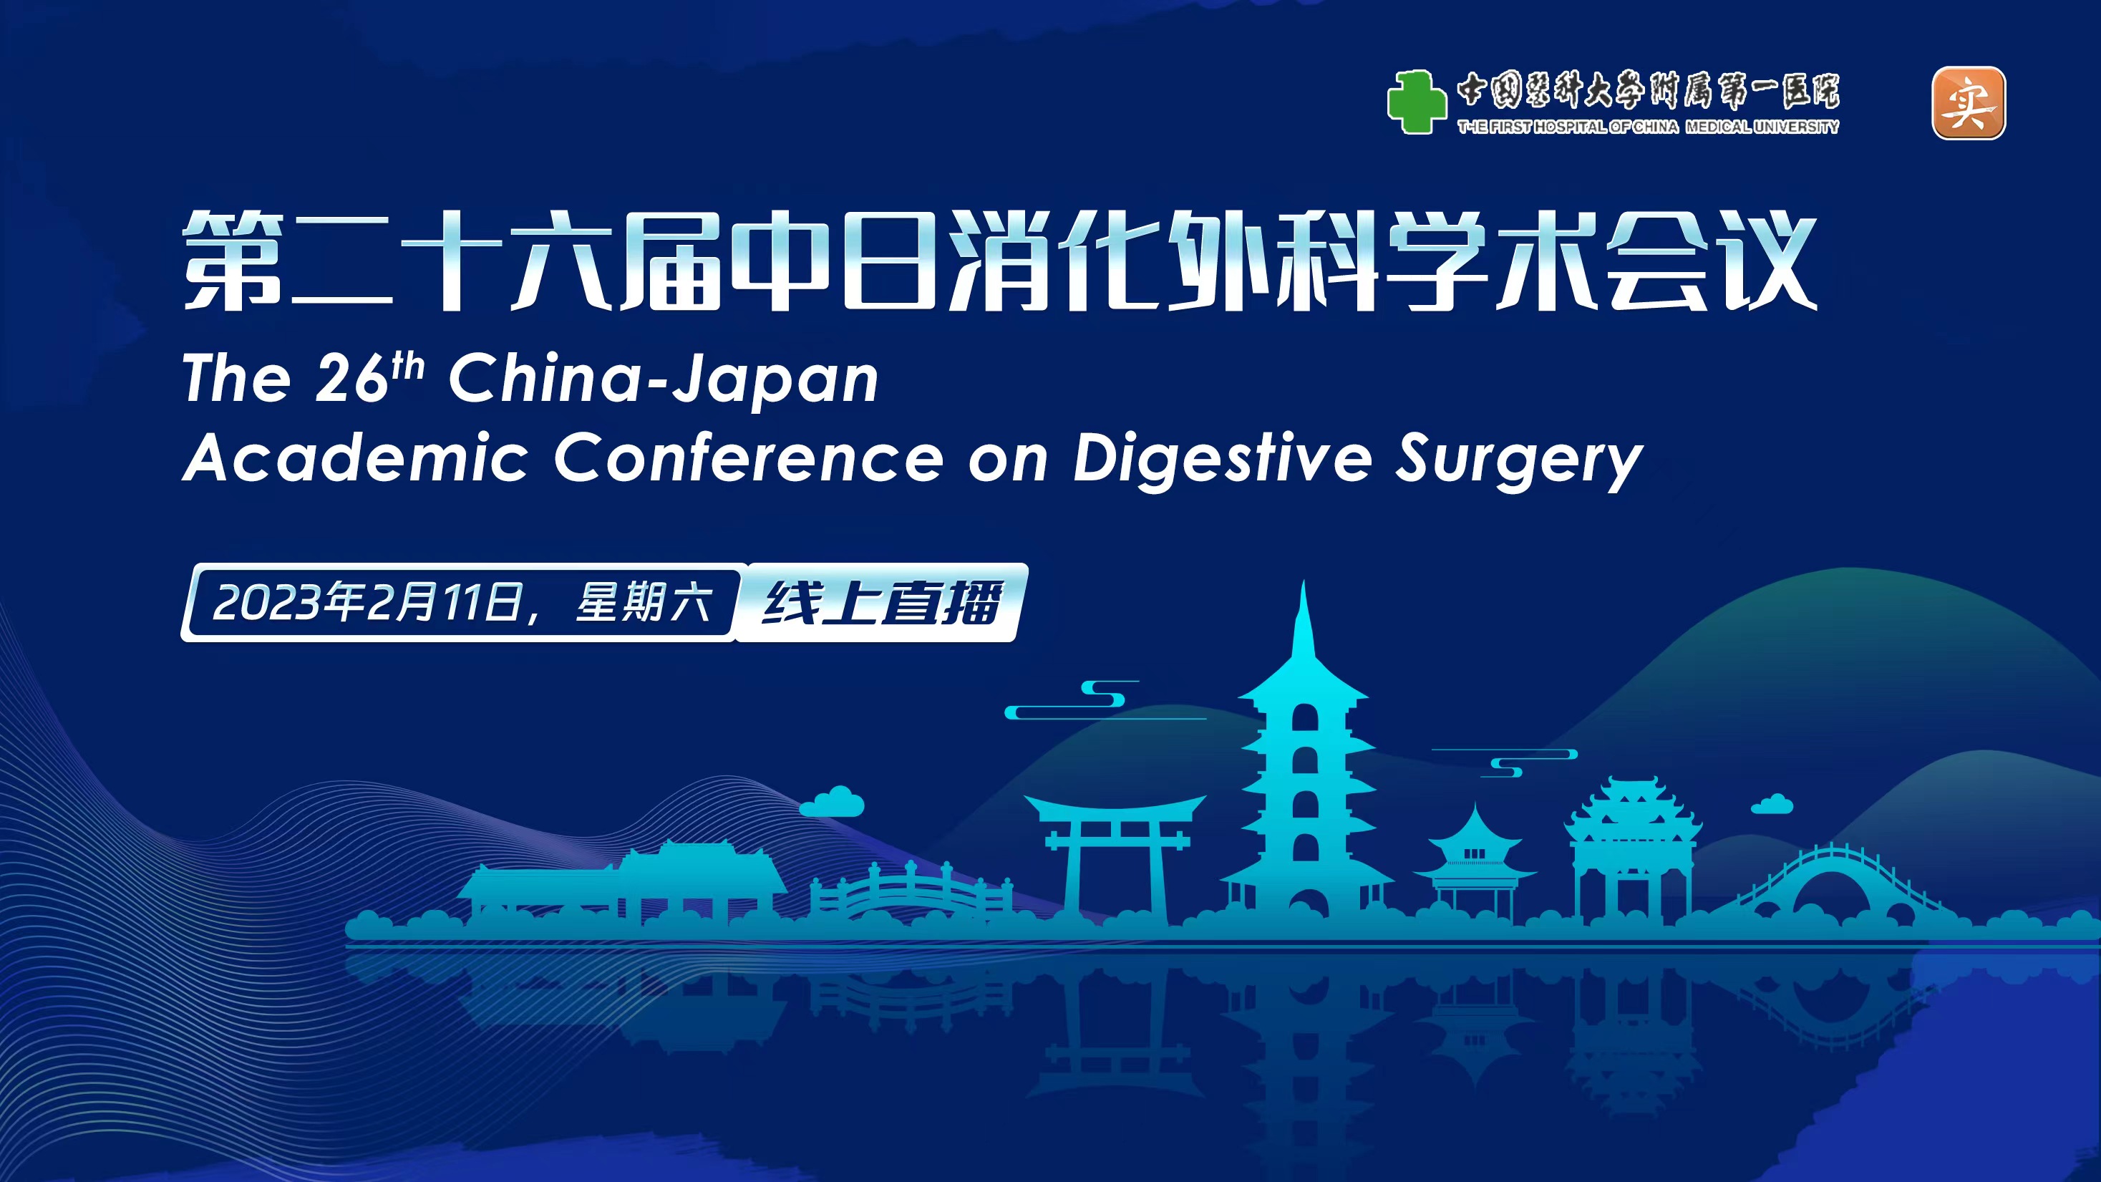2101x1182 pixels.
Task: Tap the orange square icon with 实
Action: [1968, 103]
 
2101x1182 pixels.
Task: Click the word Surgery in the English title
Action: [1518, 460]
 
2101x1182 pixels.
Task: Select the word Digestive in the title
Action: [1222, 459]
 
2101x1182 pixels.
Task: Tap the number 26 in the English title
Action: [351, 379]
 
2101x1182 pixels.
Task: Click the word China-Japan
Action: [663, 380]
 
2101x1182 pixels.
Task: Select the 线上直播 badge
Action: [881, 603]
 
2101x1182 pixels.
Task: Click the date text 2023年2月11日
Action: [367, 603]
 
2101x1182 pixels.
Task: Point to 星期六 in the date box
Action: [643, 603]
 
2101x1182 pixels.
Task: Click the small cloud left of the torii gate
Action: [831, 801]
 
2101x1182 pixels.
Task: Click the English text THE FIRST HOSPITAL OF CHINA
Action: [1568, 127]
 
